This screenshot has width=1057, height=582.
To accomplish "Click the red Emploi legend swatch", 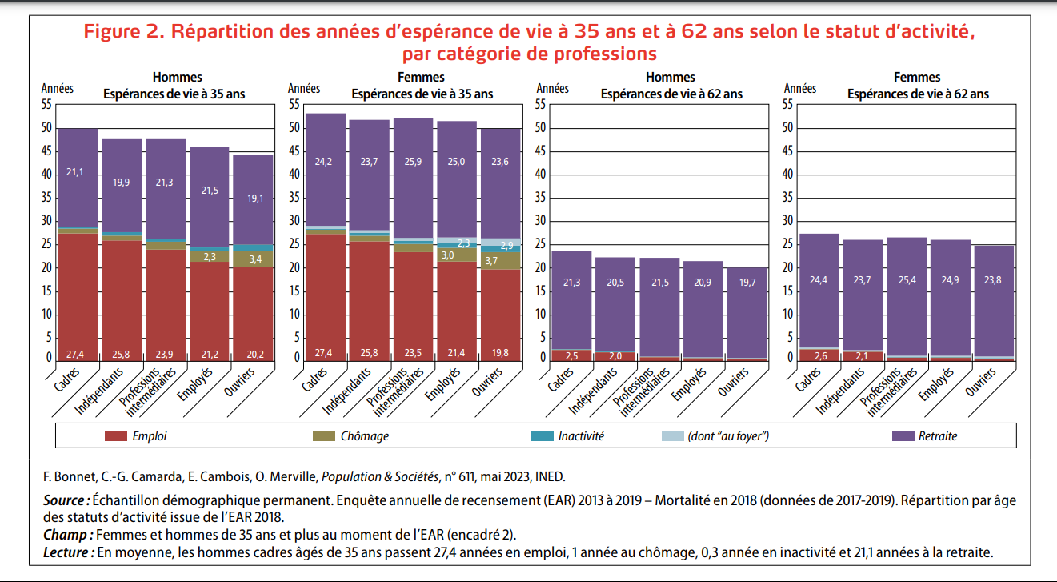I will coord(116,436).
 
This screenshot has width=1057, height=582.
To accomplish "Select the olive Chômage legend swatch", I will coord(322,436).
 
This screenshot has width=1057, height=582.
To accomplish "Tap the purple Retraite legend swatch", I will coord(903,436).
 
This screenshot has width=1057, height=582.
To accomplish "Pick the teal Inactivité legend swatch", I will coord(542,436).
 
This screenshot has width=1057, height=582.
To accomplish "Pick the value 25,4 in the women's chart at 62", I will coord(908,280).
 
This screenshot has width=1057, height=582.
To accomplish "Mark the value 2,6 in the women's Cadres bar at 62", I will coord(820,355).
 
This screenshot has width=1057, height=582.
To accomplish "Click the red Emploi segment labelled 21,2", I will coord(209,354).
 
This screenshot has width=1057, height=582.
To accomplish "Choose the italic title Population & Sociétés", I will coord(378,477).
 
